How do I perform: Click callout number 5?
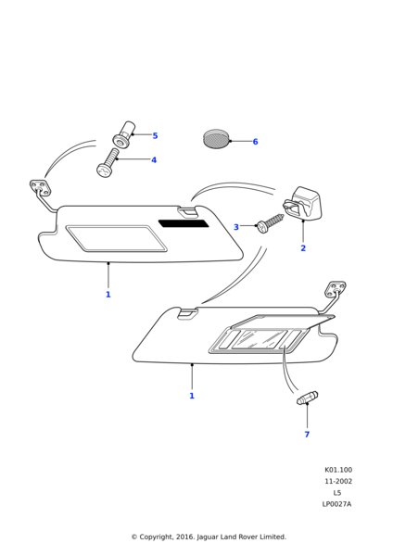[155, 136]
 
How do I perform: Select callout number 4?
[154, 160]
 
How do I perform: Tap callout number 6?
[255, 142]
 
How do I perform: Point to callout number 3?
[236, 227]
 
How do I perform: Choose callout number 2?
[303, 248]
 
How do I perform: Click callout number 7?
[307, 435]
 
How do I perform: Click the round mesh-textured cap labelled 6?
[216, 139]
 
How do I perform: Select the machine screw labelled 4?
[108, 164]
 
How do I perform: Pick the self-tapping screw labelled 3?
[271, 222]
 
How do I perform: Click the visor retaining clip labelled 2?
[302, 204]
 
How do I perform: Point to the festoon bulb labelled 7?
[307, 398]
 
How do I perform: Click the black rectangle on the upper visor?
[184, 223]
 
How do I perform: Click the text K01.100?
[338, 470]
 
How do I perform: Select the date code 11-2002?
[338, 481]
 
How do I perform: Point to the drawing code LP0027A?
[336, 504]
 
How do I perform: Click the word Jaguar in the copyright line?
[208, 537]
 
